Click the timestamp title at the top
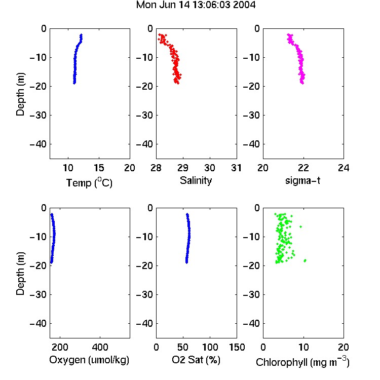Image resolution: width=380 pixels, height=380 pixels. (196, 5)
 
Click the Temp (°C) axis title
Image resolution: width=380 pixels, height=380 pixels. (89, 182)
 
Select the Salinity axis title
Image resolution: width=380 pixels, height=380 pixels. (196, 180)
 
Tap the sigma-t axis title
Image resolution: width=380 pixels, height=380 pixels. (302, 180)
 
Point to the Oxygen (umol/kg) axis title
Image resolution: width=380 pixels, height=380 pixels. (89, 360)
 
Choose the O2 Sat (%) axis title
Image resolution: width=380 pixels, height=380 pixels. (196, 360)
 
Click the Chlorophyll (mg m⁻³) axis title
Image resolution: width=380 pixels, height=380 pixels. (302, 362)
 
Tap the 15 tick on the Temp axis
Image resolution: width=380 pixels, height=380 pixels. (99, 168)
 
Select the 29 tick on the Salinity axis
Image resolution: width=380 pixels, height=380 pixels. (183, 168)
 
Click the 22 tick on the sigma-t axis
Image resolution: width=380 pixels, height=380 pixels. (303, 168)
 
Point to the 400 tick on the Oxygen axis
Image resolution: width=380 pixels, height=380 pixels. (100, 347)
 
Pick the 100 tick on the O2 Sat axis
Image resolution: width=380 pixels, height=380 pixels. (210, 347)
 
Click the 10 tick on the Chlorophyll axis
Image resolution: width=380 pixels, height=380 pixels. (303, 347)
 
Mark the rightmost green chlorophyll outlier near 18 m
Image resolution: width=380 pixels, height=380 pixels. (305, 260)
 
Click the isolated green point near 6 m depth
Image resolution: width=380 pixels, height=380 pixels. (301, 226)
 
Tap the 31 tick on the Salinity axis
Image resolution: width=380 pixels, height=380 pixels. (237, 168)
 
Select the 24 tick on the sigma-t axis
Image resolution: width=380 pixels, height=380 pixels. (344, 168)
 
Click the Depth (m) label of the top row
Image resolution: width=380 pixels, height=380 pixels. (21, 94)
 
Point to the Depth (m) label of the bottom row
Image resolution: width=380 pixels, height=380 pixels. (21, 274)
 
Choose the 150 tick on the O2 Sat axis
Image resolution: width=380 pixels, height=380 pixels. (237, 347)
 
